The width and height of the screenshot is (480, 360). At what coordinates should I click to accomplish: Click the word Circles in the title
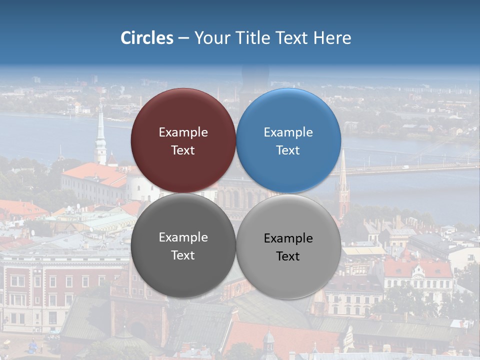click(x=147, y=38)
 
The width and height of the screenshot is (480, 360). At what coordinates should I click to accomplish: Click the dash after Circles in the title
click(x=183, y=38)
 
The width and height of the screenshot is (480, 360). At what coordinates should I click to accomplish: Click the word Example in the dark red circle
click(x=183, y=132)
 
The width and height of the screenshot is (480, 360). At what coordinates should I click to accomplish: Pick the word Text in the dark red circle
click(x=183, y=150)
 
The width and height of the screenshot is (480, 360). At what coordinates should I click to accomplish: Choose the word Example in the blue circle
click(x=288, y=132)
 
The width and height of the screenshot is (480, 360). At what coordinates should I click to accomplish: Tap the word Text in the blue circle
click(x=288, y=150)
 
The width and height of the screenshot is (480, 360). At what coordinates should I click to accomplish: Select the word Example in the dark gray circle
click(x=183, y=237)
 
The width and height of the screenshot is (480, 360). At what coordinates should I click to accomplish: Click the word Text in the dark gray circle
click(x=183, y=255)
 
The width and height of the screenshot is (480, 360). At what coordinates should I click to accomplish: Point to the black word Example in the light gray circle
click(x=288, y=238)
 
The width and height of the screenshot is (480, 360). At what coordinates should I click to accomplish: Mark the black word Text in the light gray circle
click(x=288, y=256)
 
